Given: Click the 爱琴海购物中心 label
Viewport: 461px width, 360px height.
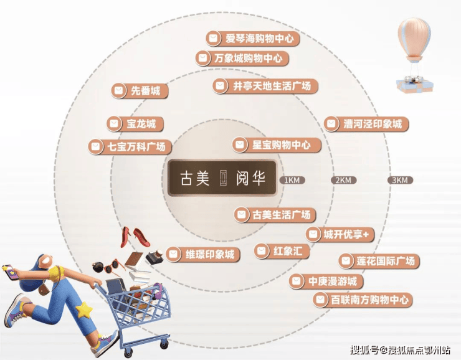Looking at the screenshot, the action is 252,39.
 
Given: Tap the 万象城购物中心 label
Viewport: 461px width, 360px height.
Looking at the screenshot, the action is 242,58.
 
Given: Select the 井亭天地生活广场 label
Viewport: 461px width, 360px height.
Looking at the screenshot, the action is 265,86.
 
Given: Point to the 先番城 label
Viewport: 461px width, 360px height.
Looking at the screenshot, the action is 140,90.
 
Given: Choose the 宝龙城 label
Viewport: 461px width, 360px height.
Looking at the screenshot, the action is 135,123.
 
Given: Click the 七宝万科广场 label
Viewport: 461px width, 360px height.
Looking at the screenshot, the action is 130,146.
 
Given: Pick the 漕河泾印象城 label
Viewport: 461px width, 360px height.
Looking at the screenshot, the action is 366,123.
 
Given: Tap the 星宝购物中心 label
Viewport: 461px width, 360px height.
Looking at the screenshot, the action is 277,145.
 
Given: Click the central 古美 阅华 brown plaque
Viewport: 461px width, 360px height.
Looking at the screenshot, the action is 222,178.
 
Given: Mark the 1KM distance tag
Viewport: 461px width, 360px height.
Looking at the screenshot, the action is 292,180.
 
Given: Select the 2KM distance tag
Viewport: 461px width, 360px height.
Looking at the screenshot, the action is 343,180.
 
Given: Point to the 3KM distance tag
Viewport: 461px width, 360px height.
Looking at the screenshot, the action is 400,180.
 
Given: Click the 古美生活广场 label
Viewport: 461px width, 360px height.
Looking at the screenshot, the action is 275,215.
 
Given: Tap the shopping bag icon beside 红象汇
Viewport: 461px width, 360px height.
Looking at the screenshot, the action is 262,251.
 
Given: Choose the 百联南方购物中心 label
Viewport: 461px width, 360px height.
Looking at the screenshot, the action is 363,300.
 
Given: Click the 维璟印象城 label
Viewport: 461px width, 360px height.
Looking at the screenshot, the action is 203,254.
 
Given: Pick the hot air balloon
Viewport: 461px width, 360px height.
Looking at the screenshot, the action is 414,55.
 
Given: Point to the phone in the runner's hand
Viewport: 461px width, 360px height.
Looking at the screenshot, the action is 10,272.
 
